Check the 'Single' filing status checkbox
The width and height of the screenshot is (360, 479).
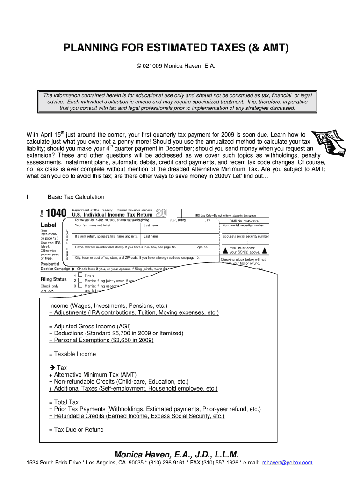[x=80, y=275]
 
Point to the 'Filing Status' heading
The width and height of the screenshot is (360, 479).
[x=54, y=279]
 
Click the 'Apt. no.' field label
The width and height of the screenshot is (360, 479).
[x=202, y=247]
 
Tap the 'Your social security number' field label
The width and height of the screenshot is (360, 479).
[x=246, y=225]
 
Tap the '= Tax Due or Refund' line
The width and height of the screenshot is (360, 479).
[x=76, y=430]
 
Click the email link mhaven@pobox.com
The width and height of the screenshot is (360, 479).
[x=287, y=463]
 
